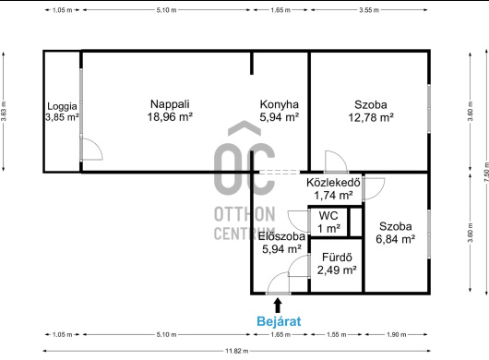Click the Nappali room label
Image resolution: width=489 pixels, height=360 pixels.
click(x=170, y=104)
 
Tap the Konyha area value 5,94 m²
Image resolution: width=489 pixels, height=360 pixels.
click(x=280, y=117)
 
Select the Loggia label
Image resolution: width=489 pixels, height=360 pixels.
click(x=62, y=106)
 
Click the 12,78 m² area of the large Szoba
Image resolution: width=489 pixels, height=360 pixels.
click(x=371, y=117)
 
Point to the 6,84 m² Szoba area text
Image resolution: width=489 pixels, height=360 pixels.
click(x=396, y=239)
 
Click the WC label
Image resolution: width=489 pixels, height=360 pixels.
click(x=328, y=216)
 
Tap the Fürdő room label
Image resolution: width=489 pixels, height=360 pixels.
click(x=337, y=258)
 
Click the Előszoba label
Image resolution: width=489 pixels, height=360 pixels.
click(x=281, y=236)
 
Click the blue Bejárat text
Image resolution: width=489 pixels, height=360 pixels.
click(x=279, y=321)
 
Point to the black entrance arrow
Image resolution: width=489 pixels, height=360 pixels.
click(x=278, y=306)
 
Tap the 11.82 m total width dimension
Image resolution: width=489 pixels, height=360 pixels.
click(x=237, y=351)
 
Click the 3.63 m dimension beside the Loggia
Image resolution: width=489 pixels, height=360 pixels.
click(x=4, y=112)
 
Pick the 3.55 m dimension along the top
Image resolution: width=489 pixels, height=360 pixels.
click(x=369, y=10)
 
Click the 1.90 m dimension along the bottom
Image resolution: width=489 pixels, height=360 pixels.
click(x=396, y=335)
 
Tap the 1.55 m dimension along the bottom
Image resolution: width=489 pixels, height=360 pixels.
click(x=336, y=335)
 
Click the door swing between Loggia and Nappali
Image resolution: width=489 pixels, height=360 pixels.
click(x=92, y=150)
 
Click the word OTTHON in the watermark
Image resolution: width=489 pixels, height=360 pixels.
click(x=244, y=214)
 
